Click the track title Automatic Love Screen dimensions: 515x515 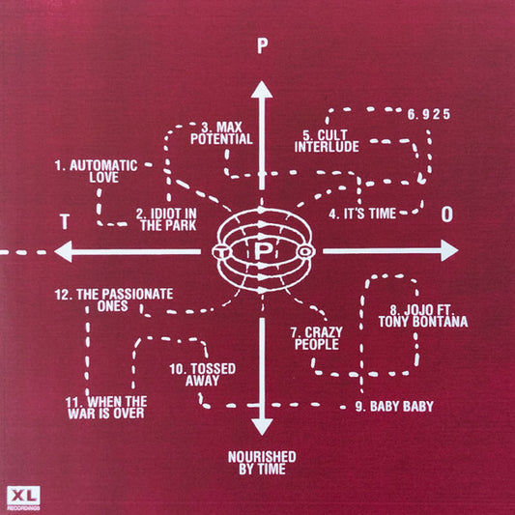tap(96, 171)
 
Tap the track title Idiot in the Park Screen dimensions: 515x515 tap(166, 219)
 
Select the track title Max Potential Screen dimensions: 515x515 tap(221, 133)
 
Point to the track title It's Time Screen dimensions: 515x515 tap(362, 214)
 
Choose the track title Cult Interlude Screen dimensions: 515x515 tap(327, 141)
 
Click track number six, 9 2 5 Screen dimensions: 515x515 tap(429, 114)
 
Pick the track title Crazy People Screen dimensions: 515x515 tap(317, 338)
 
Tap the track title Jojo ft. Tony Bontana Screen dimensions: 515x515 tap(423, 316)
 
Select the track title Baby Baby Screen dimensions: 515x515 tap(394, 406)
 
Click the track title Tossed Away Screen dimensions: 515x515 tap(203, 375)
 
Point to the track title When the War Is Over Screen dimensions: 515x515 tap(106, 408)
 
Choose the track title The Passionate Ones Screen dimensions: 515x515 tap(114, 300)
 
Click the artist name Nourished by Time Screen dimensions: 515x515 tap(262, 463)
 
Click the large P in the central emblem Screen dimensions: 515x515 tap(263, 251)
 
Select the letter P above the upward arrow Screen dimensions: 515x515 tap(262, 46)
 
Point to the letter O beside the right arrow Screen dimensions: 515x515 tap(446, 215)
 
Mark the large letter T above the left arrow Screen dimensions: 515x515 tap(65, 221)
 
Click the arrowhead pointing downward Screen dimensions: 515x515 tap(262, 427)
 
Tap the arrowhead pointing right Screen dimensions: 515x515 tap(449, 250)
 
